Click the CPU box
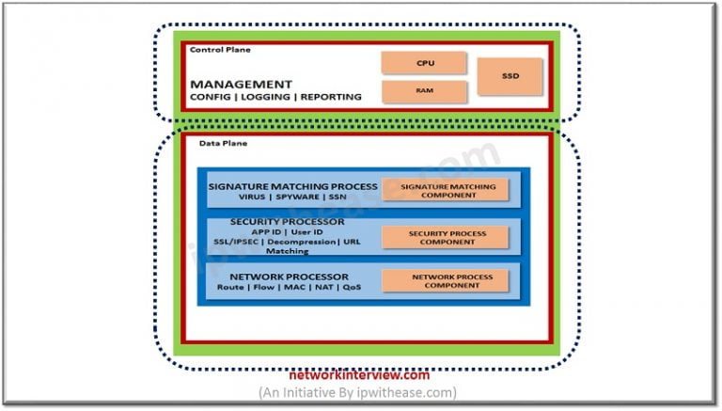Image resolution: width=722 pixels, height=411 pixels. pos(423,63)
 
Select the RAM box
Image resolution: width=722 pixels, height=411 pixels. pos(423,92)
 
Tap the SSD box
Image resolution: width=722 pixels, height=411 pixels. pos(510,76)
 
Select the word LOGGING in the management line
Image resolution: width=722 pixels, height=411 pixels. pos(267,97)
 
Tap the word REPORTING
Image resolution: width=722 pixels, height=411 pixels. pos(328,97)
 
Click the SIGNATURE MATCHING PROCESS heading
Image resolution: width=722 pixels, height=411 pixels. pos(293,186)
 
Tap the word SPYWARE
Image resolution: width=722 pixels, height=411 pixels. pos(294,199)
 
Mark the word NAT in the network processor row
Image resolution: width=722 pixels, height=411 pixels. pos(323,288)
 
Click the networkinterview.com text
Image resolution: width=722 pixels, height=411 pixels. pos(360,374)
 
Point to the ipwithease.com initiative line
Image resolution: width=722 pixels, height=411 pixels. pos(358,392)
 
